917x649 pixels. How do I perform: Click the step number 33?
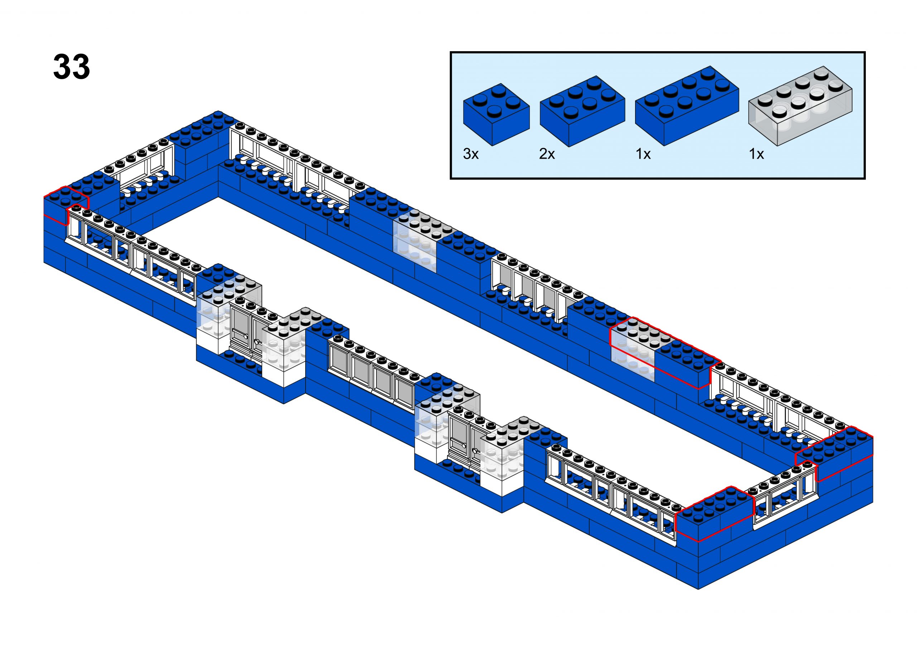coord(72,67)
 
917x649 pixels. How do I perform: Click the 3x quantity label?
coord(471,154)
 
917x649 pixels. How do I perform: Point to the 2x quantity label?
coord(547,154)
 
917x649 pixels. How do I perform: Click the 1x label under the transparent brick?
coord(756,154)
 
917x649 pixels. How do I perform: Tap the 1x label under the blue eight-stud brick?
coord(643,154)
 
